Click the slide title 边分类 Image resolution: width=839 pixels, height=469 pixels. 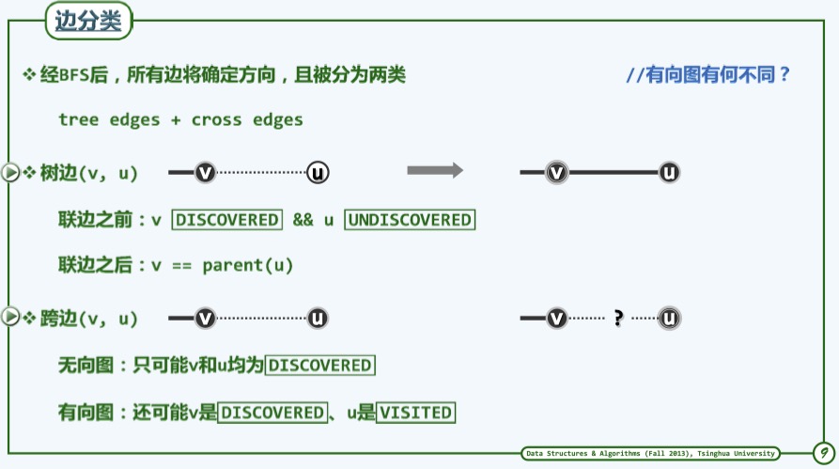tap(88, 21)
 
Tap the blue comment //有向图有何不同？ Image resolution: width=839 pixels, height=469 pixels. tap(708, 75)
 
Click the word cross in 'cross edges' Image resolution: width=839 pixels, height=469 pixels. tap(217, 119)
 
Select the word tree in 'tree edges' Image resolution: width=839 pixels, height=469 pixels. tap(78, 119)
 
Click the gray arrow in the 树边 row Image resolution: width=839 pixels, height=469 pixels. tap(435, 170)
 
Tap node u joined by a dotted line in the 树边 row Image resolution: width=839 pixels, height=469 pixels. tap(318, 172)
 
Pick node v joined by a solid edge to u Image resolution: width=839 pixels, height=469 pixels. tap(557, 172)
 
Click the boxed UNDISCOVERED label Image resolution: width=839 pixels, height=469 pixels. tap(410, 220)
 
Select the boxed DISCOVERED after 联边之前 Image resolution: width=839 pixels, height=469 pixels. tap(226, 220)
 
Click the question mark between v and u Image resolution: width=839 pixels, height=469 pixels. tap(618, 319)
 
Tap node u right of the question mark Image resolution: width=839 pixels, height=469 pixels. tap(669, 319)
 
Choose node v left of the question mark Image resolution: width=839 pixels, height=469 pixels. tap(557, 319)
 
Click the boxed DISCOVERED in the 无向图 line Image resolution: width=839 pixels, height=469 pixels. tap(319, 365)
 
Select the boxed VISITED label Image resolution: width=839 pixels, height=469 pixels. tap(415, 413)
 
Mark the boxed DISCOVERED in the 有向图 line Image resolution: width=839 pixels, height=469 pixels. tap(272, 413)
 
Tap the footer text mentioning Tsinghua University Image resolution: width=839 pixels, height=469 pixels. tap(650, 454)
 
